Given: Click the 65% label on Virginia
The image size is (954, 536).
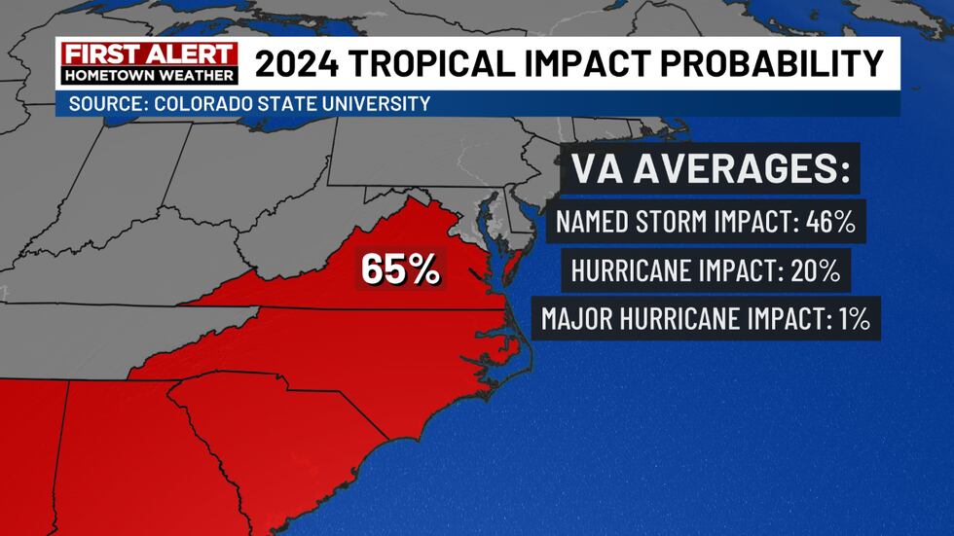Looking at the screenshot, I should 400,269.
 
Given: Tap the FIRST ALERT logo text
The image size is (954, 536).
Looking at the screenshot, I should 148,54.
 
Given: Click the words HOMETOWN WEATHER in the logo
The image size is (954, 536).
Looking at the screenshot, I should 148,74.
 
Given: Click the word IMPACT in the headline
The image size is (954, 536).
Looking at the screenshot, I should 601,63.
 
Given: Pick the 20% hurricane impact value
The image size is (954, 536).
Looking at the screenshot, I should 815,270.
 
